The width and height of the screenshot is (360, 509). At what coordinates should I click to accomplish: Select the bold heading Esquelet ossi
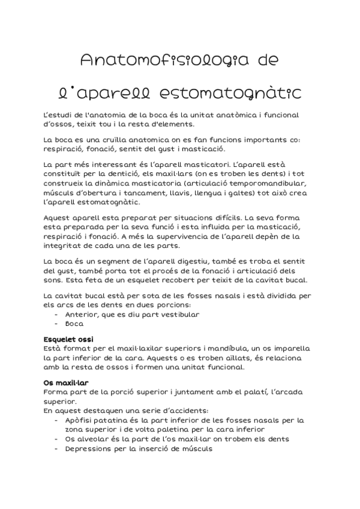pos(68,339)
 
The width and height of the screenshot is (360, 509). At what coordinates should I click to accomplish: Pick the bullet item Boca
pos(74,323)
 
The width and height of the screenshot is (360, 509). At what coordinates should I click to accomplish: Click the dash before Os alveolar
pos(56,439)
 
